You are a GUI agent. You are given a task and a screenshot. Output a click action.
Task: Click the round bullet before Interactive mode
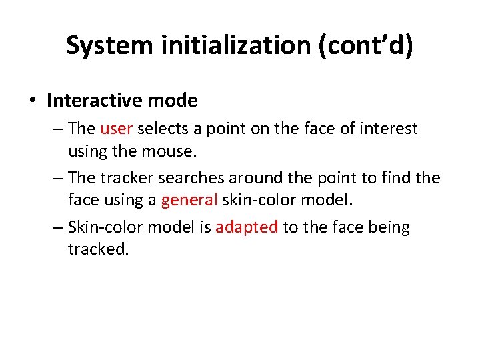(x=32, y=101)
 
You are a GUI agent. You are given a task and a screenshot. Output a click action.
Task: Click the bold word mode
(x=173, y=101)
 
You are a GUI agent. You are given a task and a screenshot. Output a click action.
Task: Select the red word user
(x=116, y=128)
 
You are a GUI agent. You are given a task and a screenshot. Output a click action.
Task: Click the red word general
(x=189, y=200)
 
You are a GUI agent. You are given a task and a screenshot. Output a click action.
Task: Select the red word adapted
(x=247, y=227)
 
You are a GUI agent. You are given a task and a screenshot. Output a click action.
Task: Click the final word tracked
(x=98, y=249)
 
